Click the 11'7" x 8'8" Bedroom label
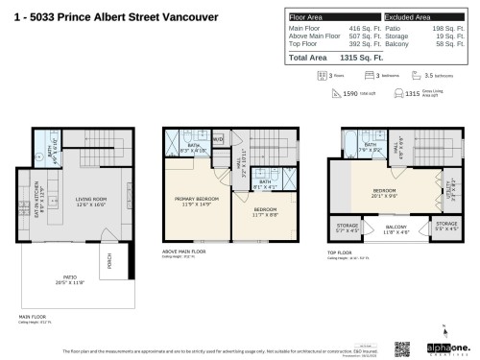coord(265,211)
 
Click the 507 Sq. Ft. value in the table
coord(357,37)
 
